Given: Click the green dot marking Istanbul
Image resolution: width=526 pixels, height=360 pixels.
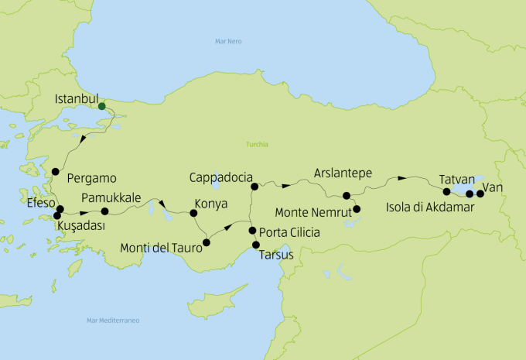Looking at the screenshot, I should pyautogui.click(x=102, y=106).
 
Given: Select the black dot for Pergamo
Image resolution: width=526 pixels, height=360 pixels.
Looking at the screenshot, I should pyautogui.click(x=55, y=172).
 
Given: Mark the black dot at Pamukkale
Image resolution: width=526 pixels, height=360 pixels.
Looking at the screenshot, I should pyautogui.click(x=105, y=211).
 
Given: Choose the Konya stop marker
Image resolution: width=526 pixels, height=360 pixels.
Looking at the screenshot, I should pyautogui.click(x=183, y=212).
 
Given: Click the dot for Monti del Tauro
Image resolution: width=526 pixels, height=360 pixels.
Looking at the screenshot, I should pyautogui.click(x=206, y=243).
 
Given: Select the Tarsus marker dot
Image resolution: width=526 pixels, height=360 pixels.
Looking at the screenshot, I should pyautogui.click(x=256, y=245).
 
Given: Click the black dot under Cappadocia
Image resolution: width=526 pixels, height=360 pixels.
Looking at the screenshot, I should pyautogui.click(x=254, y=187).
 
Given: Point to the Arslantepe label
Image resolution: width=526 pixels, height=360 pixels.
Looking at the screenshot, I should pyautogui.click(x=345, y=172).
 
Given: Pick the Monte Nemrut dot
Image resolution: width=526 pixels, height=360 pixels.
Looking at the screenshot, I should pyautogui.click(x=357, y=209).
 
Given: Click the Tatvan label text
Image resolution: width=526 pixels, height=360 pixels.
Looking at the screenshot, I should pyautogui.click(x=456, y=178).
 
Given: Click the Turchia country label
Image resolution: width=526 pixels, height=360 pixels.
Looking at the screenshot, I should pyautogui.click(x=257, y=144).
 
